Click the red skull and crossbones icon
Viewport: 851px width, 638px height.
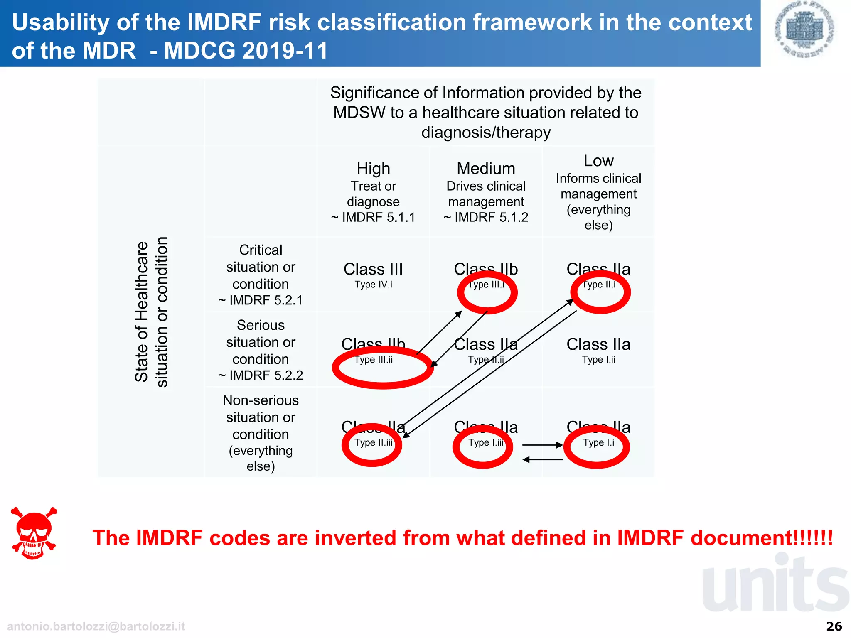[x=34, y=533]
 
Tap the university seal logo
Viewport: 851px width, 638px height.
[x=804, y=29]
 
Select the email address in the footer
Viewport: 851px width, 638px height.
[x=96, y=626]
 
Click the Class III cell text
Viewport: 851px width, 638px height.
[x=373, y=269]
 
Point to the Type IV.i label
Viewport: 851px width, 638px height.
[x=373, y=285]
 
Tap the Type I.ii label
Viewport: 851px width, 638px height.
[x=598, y=360]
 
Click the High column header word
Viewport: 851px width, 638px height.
[x=373, y=168]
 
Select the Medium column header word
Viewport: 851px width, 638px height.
[x=486, y=168]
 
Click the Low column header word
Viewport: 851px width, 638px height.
[x=598, y=160]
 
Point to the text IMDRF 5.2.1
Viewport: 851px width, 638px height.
[x=266, y=300]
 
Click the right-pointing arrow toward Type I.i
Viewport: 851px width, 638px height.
[x=542, y=445]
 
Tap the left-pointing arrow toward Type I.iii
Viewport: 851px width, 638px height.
[x=542, y=460]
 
